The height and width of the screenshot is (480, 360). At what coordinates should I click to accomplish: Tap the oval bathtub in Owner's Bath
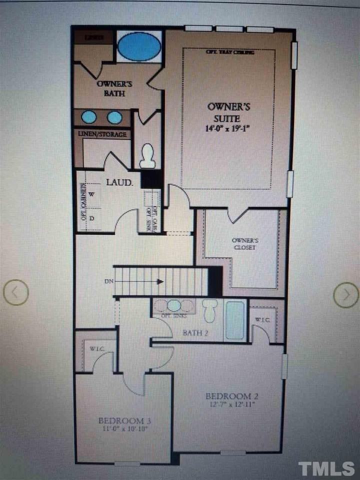(139, 46)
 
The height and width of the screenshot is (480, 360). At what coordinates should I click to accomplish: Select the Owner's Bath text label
(111, 88)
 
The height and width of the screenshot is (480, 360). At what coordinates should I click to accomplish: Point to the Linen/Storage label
(102, 134)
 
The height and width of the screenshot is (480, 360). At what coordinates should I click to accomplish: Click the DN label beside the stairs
(109, 281)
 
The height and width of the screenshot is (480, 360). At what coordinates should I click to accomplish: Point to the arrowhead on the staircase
(159, 281)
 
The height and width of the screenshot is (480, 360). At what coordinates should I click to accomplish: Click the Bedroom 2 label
(231, 396)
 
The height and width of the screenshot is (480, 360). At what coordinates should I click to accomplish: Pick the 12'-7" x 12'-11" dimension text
(231, 405)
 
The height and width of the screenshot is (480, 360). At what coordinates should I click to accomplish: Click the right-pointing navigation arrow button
(346, 294)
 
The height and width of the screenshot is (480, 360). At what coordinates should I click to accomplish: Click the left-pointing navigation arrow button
(16, 291)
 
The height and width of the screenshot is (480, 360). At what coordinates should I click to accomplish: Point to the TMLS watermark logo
(326, 468)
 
